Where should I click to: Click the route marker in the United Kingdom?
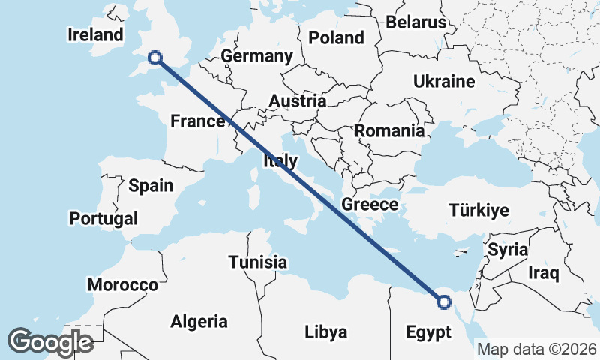pos(155,57)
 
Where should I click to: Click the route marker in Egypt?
pos(444,302)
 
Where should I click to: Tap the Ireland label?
pos(94,34)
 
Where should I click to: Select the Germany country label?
pos(256,56)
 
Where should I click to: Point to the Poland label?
pos(336,37)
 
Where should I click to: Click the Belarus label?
pos(416,22)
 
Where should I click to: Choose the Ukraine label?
pos(444,81)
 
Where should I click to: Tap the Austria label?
pos(298,100)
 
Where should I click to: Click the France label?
pos(198,121)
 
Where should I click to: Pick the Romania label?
pos(389,130)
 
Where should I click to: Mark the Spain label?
pos(151,186)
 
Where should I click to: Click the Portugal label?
pos(103,218)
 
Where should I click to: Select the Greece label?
pos(369,204)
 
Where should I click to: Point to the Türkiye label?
pos(478,210)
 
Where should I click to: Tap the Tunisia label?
pos(258,262)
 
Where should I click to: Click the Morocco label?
pos(122,285)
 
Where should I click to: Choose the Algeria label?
pos(199,322)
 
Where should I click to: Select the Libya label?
pos(325,331)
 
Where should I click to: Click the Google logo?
pos(50,342)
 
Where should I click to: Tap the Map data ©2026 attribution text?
pos(537,349)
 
